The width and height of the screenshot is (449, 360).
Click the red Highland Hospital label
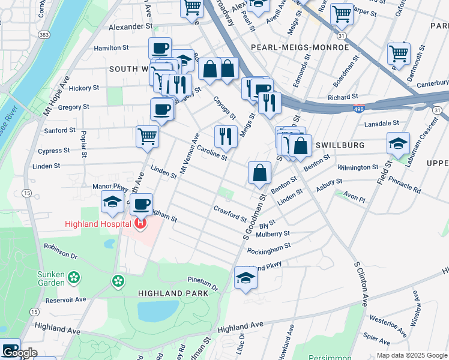[x=97, y=224]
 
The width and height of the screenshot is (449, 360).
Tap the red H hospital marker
[x=140, y=224]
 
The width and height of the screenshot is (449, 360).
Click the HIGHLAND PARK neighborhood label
[x=173, y=293]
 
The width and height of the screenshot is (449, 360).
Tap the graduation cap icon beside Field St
[x=398, y=144]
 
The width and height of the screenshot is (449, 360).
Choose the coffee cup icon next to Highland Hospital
[x=142, y=205]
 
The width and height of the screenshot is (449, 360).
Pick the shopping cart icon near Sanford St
[x=147, y=136]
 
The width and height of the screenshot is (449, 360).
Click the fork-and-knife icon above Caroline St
[x=226, y=136]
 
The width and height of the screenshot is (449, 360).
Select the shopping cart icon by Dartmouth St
[x=399, y=53]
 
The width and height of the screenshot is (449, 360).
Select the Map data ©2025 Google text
[x=411, y=355]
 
